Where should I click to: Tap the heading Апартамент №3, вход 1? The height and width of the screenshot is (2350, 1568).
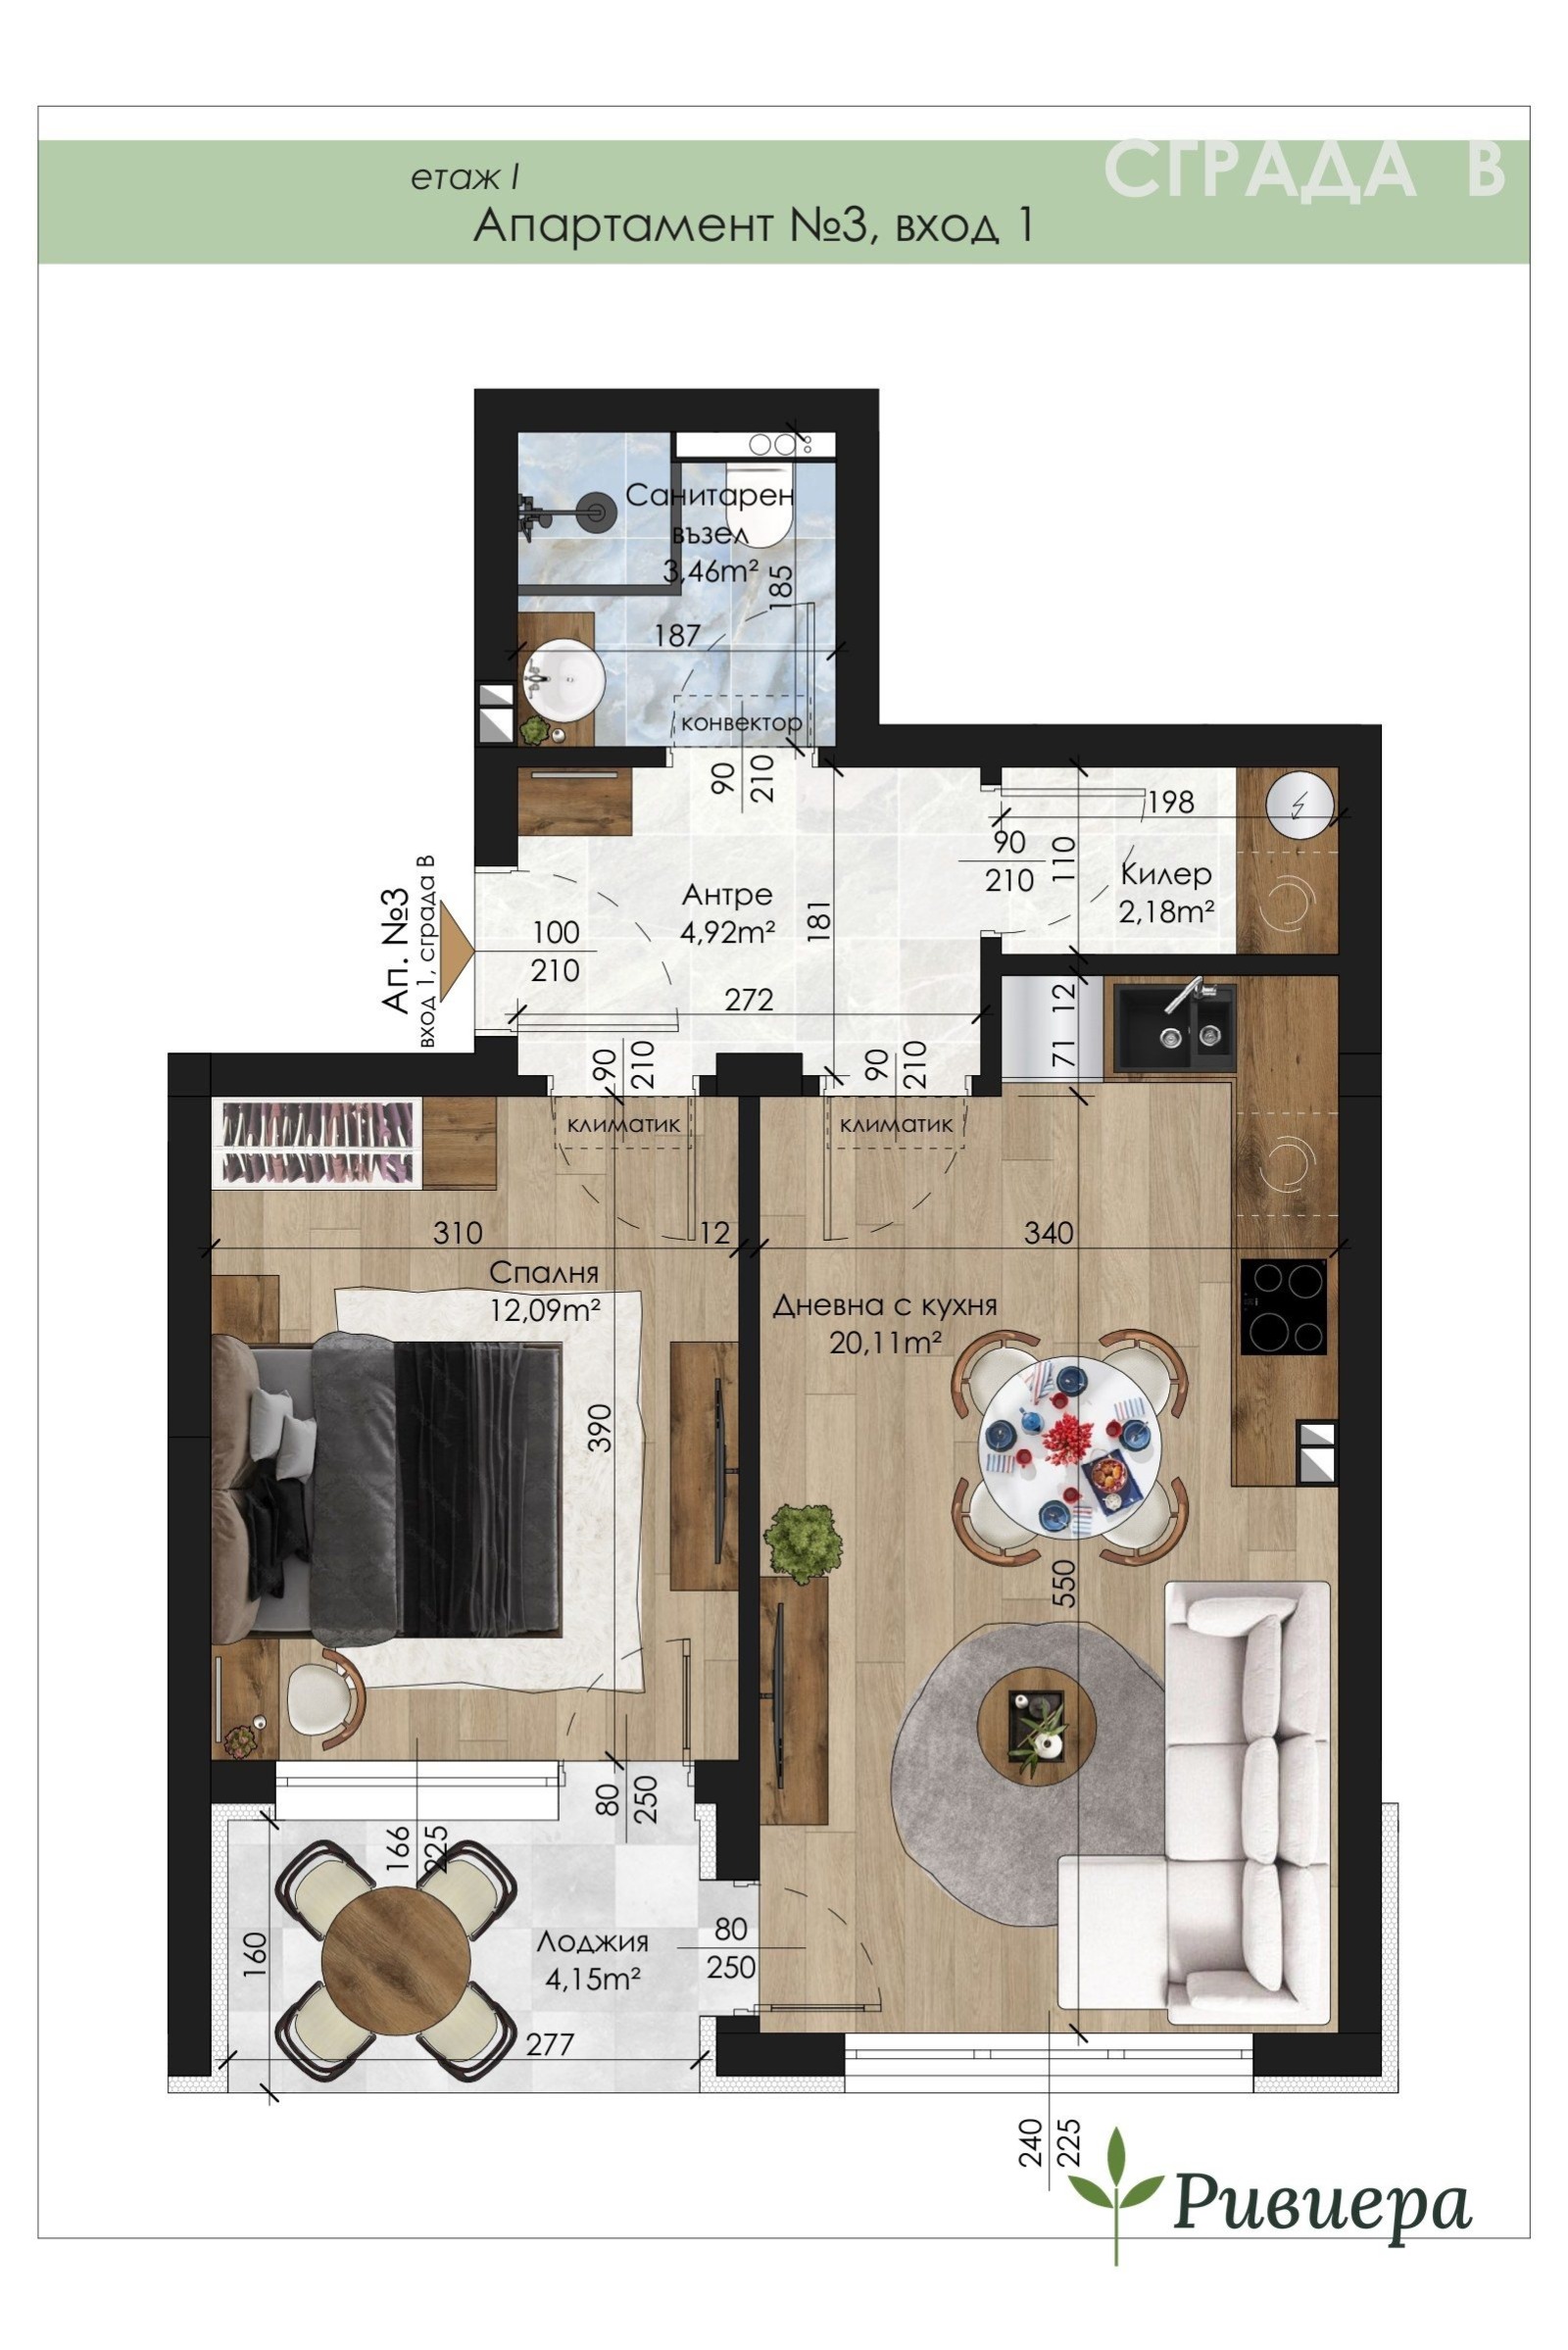pos(753,226)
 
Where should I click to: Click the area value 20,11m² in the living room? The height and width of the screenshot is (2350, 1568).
pos(886,1341)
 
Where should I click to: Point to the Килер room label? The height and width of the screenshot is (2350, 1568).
pos(1166,874)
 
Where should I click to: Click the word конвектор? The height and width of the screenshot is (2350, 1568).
pos(741,722)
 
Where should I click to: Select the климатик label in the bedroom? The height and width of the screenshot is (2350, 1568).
pos(623,1125)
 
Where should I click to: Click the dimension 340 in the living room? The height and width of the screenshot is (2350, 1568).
pos(1049,1232)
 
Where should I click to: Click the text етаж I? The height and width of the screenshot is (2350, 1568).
pos(463,178)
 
